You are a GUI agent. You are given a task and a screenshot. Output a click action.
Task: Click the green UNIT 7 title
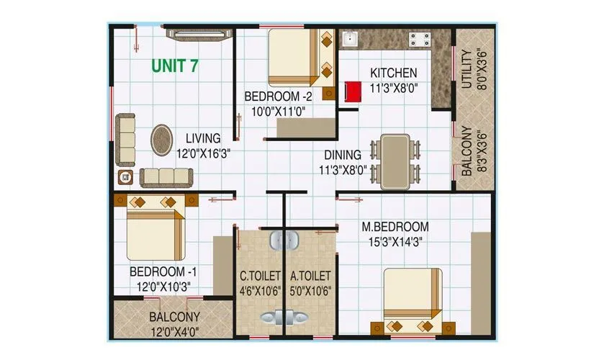(x=174, y=66)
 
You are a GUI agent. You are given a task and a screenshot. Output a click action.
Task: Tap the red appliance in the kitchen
(x=352, y=92)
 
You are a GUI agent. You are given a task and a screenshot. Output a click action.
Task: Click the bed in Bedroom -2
(x=295, y=58)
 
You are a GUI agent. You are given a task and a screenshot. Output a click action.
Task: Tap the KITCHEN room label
(x=393, y=73)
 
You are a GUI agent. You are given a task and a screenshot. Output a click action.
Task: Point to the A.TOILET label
(x=310, y=276)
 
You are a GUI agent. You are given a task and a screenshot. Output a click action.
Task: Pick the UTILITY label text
(x=467, y=69)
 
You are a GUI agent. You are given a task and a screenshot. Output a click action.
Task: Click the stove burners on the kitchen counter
(x=420, y=38)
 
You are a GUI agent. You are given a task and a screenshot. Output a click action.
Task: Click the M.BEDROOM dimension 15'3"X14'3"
(x=395, y=243)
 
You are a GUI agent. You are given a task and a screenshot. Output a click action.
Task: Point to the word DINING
(x=342, y=155)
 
